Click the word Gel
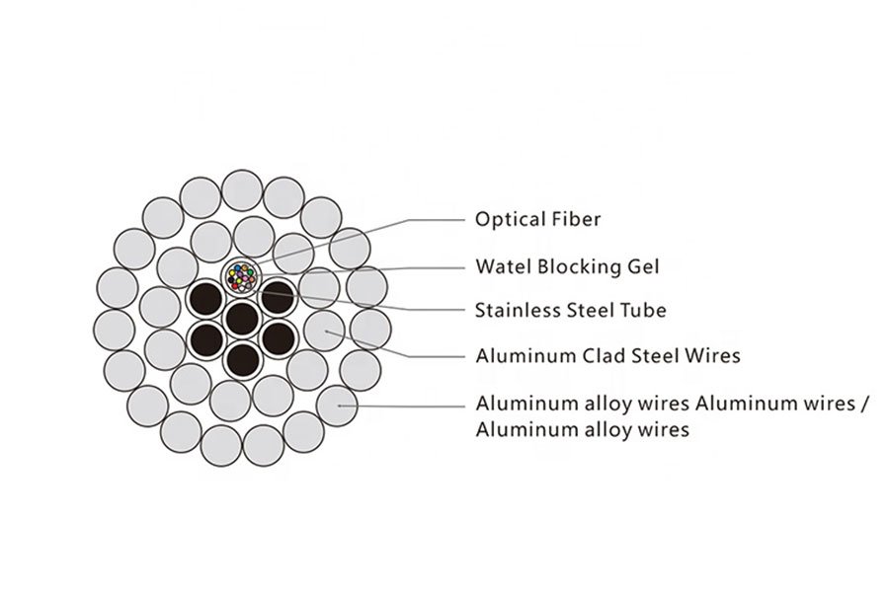[x=643, y=266]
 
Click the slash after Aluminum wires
[x=864, y=404]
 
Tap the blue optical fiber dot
[x=237, y=268]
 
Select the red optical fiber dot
[x=235, y=286]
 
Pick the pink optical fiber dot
[x=245, y=278]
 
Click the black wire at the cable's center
[x=243, y=319]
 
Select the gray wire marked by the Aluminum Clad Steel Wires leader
[x=324, y=331]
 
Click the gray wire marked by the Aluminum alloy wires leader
[x=337, y=406]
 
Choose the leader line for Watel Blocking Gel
[x=360, y=270]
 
